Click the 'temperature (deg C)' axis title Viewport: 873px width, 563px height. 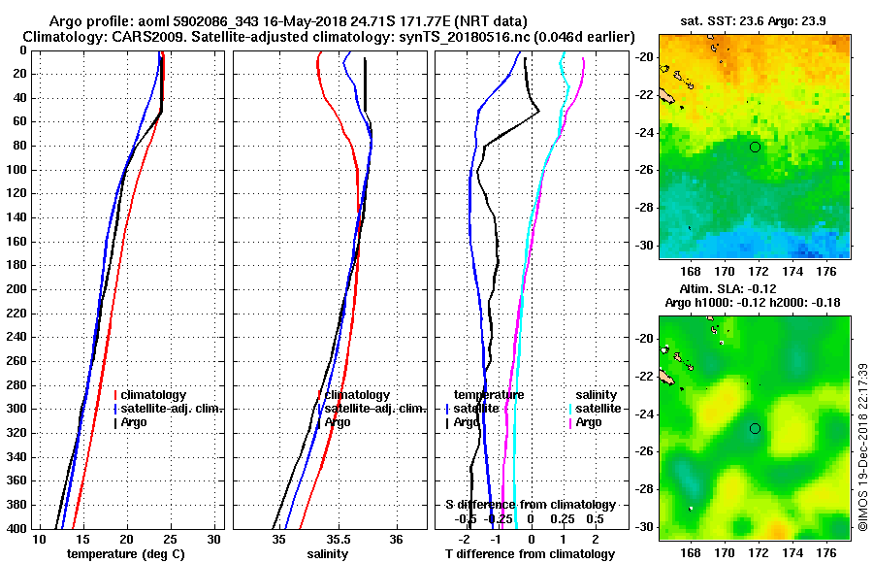point(125,554)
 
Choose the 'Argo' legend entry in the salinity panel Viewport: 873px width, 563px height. point(338,422)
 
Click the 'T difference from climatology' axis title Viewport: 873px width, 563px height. point(530,554)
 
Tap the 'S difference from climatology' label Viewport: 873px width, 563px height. point(530,505)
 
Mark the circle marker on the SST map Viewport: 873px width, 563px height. point(755,147)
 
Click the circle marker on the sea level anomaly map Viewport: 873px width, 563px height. point(755,428)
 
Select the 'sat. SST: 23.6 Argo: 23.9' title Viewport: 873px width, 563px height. point(753,19)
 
